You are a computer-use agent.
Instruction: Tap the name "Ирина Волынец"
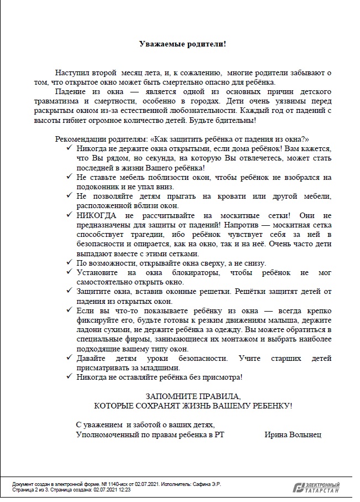pyautogui.click(x=293, y=434)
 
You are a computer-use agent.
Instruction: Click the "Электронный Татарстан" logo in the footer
pyautogui.click(x=316, y=487)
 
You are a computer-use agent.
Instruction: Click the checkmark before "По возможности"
pyautogui.click(x=69, y=262)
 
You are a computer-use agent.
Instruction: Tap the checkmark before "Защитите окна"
pyautogui.click(x=69, y=292)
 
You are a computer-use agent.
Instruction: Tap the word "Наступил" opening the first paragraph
pyautogui.click(x=71, y=73)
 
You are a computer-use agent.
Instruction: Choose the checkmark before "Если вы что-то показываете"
pyautogui.click(x=69, y=311)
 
